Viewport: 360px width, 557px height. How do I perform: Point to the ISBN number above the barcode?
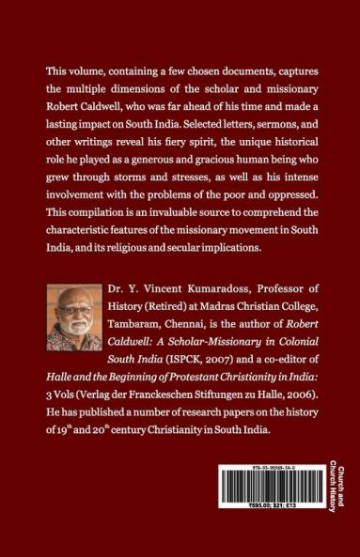(269, 468)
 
